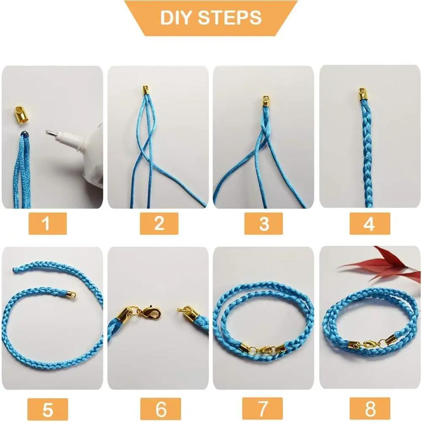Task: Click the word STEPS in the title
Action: [230, 18]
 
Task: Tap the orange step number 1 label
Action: [48, 223]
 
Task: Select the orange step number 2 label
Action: [159, 223]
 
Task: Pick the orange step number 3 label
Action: [263, 223]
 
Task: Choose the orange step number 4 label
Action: [370, 223]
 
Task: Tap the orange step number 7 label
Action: [262, 408]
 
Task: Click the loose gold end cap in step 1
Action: [20, 115]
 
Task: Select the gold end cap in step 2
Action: [145, 90]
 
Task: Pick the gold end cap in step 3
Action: [266, 102]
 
